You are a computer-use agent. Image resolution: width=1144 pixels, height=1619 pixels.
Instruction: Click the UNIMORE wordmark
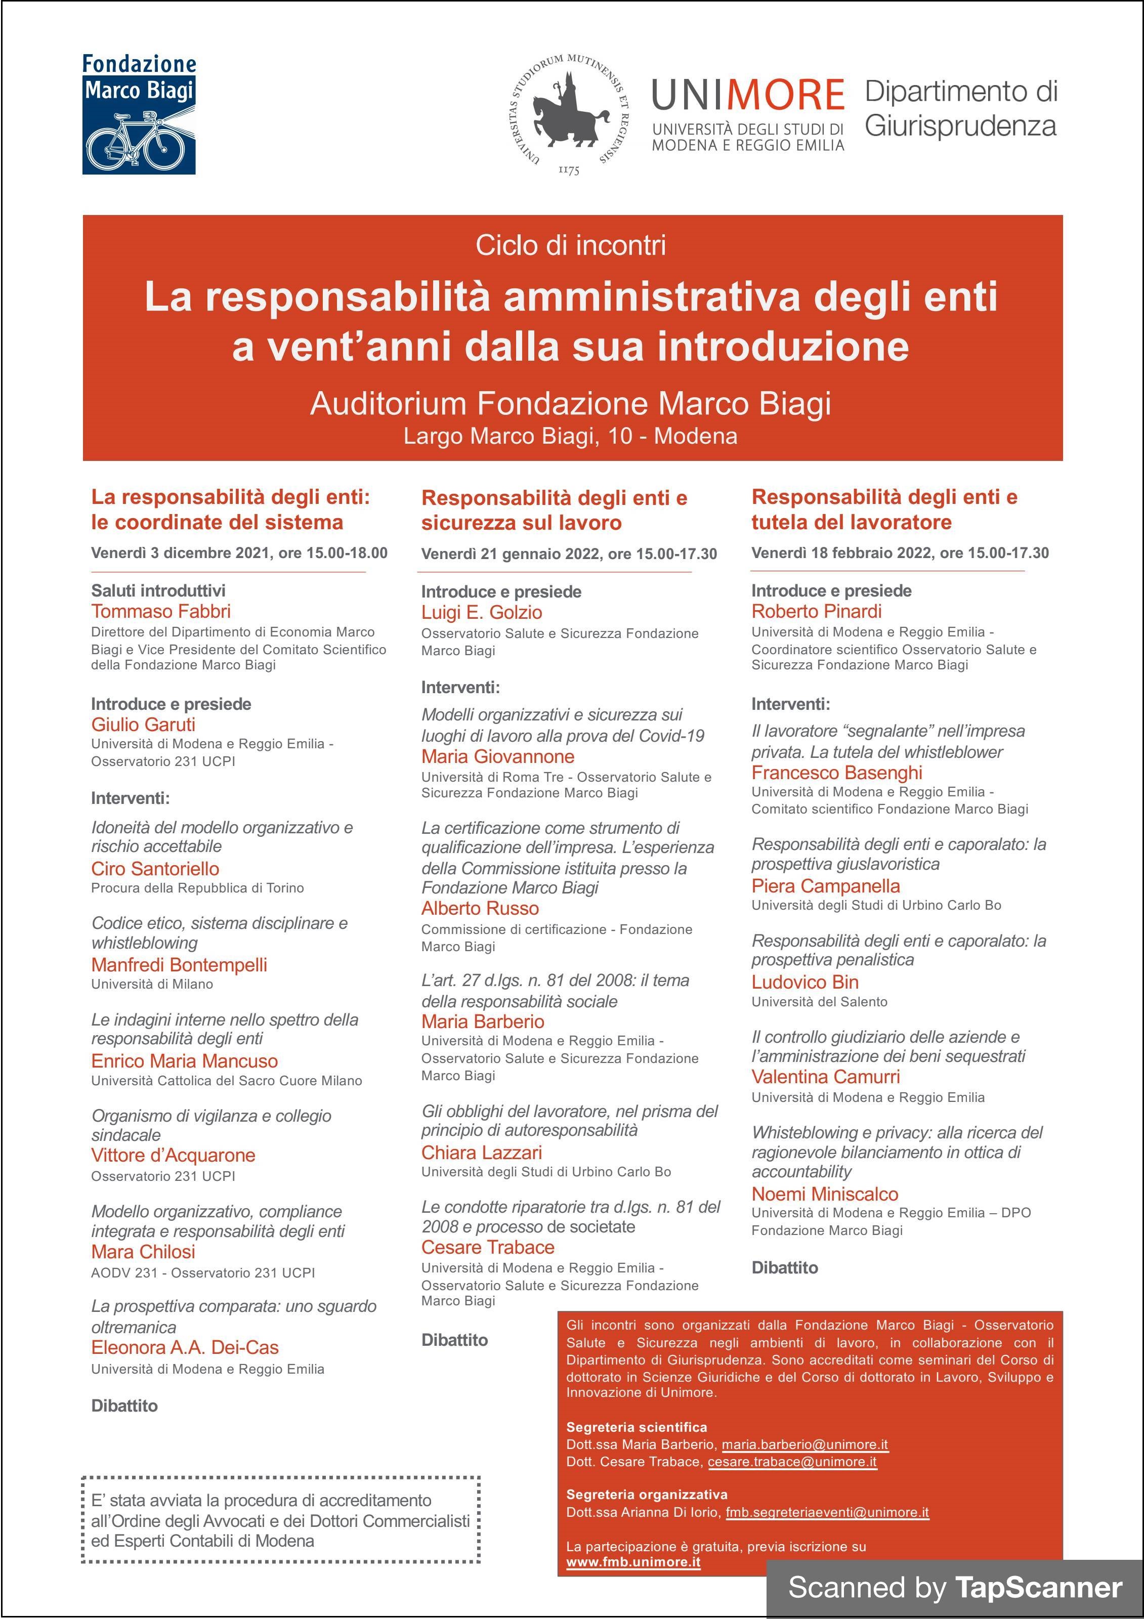748,95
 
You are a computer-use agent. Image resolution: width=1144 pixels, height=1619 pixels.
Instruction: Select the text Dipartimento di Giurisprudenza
961,109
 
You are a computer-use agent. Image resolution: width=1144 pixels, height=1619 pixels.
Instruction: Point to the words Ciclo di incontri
571,245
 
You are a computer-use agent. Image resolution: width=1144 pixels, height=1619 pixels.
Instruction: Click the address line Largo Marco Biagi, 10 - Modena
571,436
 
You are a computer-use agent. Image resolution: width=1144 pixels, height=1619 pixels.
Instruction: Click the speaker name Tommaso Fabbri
161,611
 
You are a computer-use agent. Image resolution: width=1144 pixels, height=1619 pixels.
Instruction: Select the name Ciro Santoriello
155,869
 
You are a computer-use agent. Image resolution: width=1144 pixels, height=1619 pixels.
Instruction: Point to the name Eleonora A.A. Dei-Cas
185,1347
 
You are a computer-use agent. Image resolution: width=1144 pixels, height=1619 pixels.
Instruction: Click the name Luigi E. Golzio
482,613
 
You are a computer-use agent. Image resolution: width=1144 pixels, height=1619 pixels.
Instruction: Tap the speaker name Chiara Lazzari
482,1153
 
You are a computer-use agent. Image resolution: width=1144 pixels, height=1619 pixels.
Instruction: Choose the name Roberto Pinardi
816,611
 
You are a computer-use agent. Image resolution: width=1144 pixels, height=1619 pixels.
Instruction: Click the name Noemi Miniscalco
825,1194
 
